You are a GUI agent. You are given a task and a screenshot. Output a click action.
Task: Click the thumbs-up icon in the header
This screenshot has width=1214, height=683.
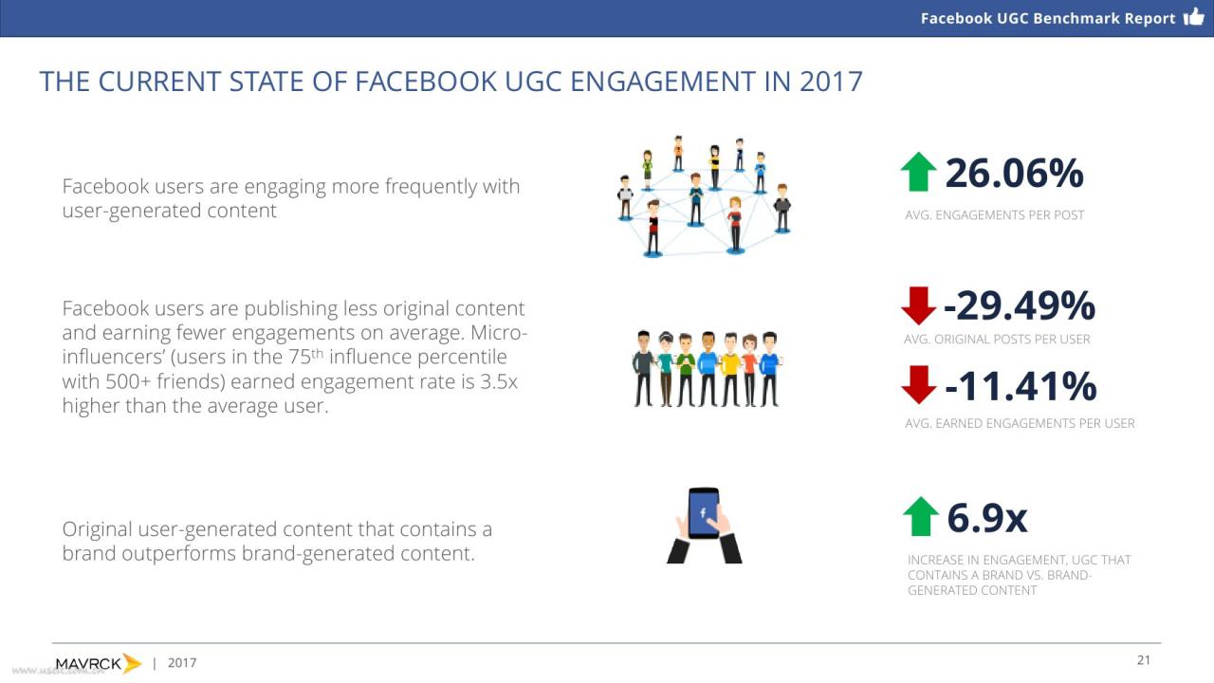[1193, 17]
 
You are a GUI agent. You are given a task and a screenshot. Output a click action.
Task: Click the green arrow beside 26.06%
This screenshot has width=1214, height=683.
[919, 172]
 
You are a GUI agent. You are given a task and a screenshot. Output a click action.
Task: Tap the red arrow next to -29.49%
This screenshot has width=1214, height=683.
[919, 305]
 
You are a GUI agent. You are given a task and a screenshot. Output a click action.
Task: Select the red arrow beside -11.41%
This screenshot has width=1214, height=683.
[919, 385]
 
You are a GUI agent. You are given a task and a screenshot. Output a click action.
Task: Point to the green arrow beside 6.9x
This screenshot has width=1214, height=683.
[921, 517]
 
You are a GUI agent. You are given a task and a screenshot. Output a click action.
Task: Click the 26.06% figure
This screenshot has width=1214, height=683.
[1014, 174]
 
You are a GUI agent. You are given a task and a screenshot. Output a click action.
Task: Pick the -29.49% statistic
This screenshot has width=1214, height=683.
[1019, 305]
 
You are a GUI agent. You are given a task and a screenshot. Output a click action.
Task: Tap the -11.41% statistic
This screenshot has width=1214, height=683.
[1020, 386]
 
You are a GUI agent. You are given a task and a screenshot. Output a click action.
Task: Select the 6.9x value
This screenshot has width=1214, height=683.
[987, 518]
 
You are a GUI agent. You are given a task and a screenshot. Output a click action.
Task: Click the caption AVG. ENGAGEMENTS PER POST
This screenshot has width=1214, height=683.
[995, 215]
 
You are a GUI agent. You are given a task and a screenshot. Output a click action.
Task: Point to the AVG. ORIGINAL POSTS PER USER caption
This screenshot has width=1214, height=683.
[997, 340]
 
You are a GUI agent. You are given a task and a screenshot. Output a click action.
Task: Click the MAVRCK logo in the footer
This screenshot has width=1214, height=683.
[99, 663]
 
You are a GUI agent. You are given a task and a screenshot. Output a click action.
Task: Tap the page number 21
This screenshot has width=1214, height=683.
[1144, 660]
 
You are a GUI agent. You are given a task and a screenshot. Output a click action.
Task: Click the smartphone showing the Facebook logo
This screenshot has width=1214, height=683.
[704, 513]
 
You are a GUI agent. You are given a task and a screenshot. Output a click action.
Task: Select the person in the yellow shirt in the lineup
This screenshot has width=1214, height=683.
[730, 369]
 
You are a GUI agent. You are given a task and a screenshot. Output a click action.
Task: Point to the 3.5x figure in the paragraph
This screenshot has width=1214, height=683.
[499, 381]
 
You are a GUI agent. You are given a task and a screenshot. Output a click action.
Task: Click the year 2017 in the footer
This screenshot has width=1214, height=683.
[182, 663]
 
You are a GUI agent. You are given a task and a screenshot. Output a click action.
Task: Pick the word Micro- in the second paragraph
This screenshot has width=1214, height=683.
[499, 332]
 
